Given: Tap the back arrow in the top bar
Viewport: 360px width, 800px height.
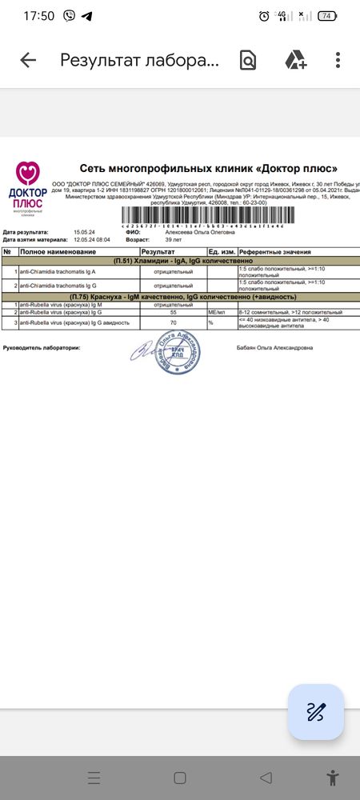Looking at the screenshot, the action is [x=28, y=60].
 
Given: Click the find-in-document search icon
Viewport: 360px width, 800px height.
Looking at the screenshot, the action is [x=247, y=60].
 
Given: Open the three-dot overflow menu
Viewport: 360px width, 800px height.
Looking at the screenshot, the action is [x=338, y=60].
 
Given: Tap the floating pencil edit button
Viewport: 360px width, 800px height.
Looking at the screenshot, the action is [x=316, y=712].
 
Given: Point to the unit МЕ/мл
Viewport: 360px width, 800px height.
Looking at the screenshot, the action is [x=217, y=313].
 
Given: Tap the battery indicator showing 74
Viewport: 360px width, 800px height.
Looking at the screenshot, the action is [x=326, y=15].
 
